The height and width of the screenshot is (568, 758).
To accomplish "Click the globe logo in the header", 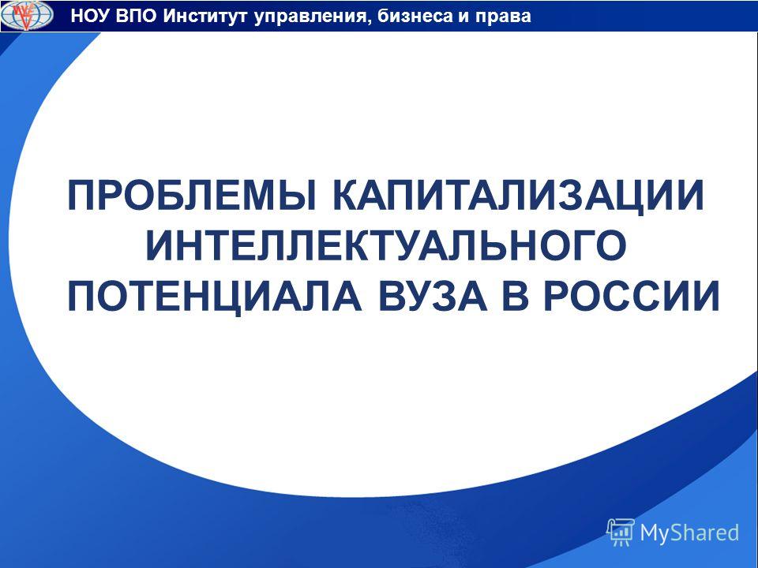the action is coord(27,16).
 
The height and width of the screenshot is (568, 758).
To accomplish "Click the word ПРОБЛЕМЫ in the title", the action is coord(192,196).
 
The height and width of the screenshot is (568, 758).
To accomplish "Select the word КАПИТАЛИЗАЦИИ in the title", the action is coord(518,196).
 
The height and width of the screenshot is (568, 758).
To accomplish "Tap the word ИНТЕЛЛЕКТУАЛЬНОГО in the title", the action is coord(386,245).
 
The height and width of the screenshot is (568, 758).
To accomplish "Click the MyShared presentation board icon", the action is coord(621,532).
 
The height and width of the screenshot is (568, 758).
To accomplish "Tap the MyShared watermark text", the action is coord(689,532).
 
